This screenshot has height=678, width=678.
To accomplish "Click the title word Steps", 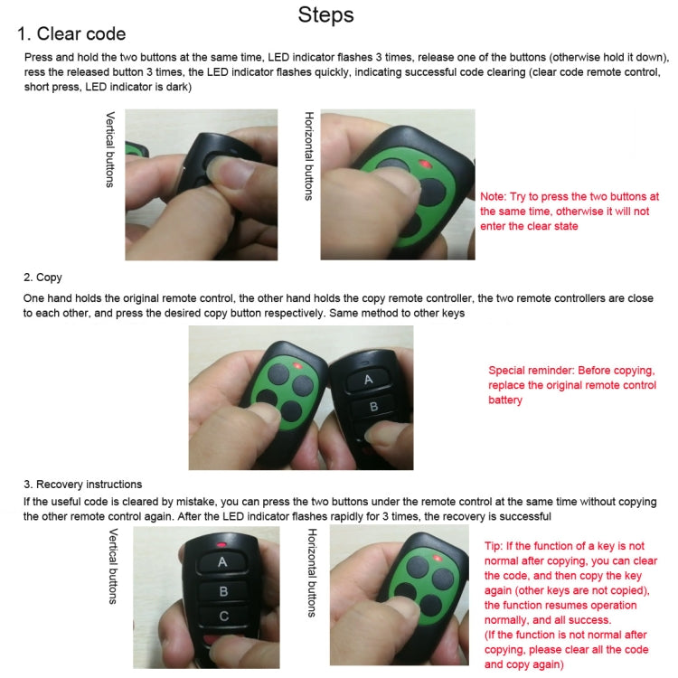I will click(x=325, y=15).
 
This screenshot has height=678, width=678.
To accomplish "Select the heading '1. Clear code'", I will click(x=72, y=35).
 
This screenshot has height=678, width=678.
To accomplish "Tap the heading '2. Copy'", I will click(x=42, y=277).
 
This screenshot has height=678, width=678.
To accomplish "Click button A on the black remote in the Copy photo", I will click(x=368, y=380).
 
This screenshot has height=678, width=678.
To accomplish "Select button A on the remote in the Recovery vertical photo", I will click(x=221, y=561).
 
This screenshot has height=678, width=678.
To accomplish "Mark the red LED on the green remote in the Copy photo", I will click(x=297, y=366).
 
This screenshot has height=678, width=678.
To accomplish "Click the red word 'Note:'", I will click(x=494, y=196).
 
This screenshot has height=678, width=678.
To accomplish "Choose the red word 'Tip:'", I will click(x=494, y=547).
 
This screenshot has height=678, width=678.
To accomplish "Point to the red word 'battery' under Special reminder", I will click(x=505, y=400).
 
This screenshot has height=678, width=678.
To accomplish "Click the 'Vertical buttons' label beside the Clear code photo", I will click(x=110, y=149).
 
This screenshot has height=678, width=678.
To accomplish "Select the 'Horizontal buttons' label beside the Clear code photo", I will click(x=309, y=156).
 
